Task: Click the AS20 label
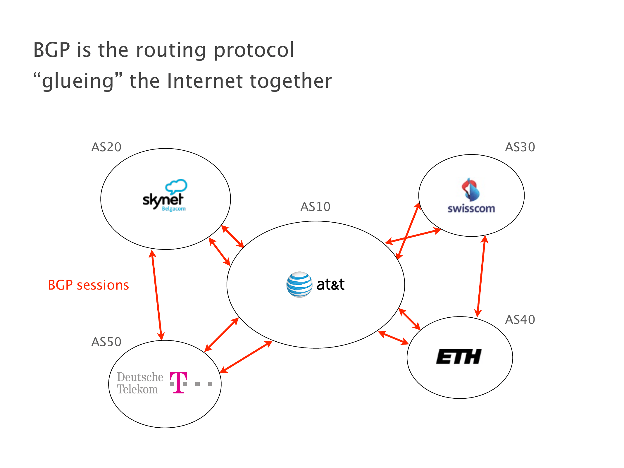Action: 106,147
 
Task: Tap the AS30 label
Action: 520,147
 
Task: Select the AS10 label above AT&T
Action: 315,207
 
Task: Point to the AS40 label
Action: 520,320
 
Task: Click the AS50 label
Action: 106,342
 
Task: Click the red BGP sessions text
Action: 88,285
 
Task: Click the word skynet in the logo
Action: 163,200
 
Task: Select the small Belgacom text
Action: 174,209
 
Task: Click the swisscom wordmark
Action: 471,209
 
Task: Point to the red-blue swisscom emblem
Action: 470,190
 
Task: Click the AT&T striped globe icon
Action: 299,285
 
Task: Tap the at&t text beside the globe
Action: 330,285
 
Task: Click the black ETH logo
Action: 459,357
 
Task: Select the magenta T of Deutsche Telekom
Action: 178,383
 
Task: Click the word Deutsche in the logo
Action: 140,377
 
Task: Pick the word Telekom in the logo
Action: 137,390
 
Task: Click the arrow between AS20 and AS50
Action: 157,295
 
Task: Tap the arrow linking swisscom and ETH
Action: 481,276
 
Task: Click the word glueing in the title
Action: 78,81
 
